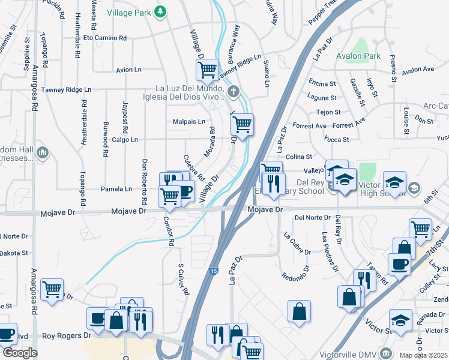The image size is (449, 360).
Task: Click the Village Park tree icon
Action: [x=160, y=11]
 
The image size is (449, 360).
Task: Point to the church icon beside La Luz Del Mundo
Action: [x=234, y=92]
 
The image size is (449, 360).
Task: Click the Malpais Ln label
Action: [x=189, y=121]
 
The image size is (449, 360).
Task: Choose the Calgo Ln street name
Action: [x=124, y=140]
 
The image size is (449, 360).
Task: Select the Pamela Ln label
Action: [x=119, y=189]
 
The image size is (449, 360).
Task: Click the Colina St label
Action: [x=299, y=157]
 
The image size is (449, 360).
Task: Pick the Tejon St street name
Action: [x=328, y=112]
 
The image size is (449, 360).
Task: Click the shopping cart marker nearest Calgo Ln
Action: [x=242, y=125]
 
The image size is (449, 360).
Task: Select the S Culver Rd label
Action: [x=182, y=279]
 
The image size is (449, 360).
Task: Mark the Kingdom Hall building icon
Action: [x=42, y=153]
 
